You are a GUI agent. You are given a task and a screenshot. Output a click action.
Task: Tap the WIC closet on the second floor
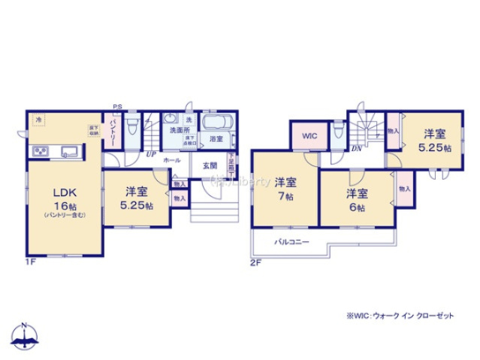308,136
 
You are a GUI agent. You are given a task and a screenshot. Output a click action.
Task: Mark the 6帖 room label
356,199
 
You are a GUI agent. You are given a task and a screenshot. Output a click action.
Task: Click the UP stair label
150,154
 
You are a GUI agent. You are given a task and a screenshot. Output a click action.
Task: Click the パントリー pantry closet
112,132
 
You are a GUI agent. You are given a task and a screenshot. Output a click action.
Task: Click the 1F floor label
30,262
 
